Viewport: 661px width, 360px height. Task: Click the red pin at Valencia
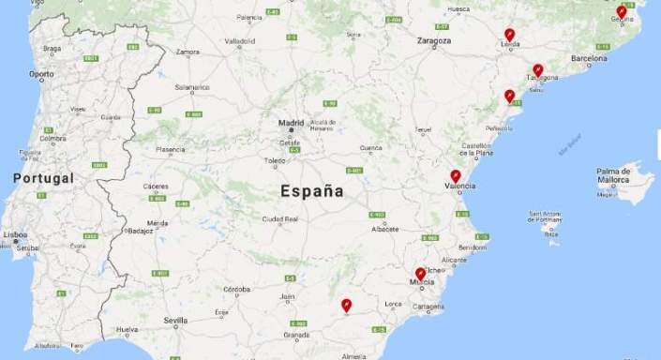[456, 175]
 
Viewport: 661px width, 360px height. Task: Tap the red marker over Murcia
[420, 274]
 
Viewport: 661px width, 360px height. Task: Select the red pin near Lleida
[509, 35]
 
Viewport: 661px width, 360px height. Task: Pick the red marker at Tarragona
[537, 69]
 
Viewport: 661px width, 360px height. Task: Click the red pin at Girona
[621, 11]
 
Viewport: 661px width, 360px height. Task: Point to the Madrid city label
[291, 123]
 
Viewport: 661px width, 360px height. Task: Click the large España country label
[311, 191]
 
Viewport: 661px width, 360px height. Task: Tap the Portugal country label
[43, 178]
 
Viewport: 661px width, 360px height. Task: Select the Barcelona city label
[589, 57]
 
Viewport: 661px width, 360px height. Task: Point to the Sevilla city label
[174, 321]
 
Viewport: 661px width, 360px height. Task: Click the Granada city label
[296, 334]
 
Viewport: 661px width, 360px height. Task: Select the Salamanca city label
[191, 87]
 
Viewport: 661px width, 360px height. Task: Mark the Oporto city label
[41, 74]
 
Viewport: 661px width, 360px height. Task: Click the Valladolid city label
[240, 41]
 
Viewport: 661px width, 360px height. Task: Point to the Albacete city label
[384, 229]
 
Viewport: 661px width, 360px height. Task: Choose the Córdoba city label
[236, 289]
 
